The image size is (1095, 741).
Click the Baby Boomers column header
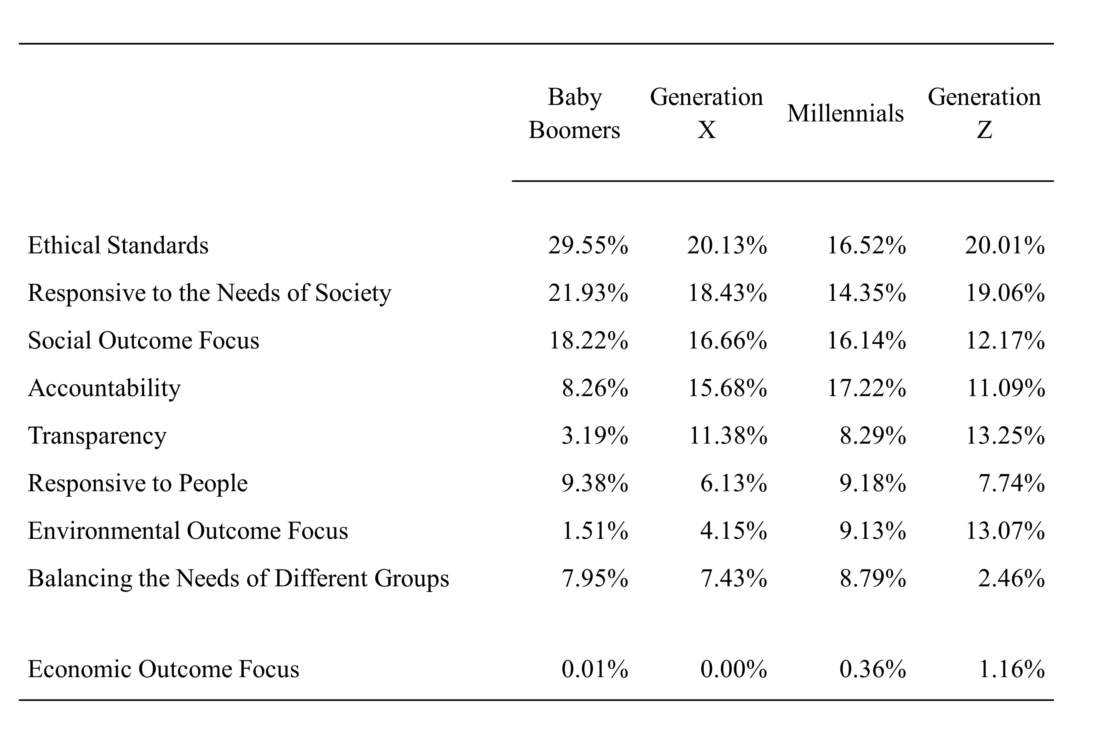574,113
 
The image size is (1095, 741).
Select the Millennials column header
845,113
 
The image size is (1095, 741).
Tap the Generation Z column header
984,113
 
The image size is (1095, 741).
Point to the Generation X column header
706,113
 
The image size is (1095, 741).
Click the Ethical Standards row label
118,245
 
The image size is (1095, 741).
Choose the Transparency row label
97,436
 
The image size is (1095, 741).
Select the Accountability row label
104,388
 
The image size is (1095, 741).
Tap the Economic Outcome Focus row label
163,669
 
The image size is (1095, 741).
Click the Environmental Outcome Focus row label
188,531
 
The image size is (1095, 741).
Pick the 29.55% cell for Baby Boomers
588,245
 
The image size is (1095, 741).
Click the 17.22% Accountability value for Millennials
867,388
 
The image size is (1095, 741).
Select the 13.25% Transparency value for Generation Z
1005,436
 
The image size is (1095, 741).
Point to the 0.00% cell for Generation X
734,669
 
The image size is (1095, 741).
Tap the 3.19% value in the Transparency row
595,436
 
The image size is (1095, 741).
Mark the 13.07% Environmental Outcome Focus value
1005,531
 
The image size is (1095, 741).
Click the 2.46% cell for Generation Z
1011,578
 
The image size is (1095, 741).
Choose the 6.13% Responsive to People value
734,483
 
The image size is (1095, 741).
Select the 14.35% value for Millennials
867,293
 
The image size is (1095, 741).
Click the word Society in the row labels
353,293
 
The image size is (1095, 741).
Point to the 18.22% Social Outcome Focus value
589,340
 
